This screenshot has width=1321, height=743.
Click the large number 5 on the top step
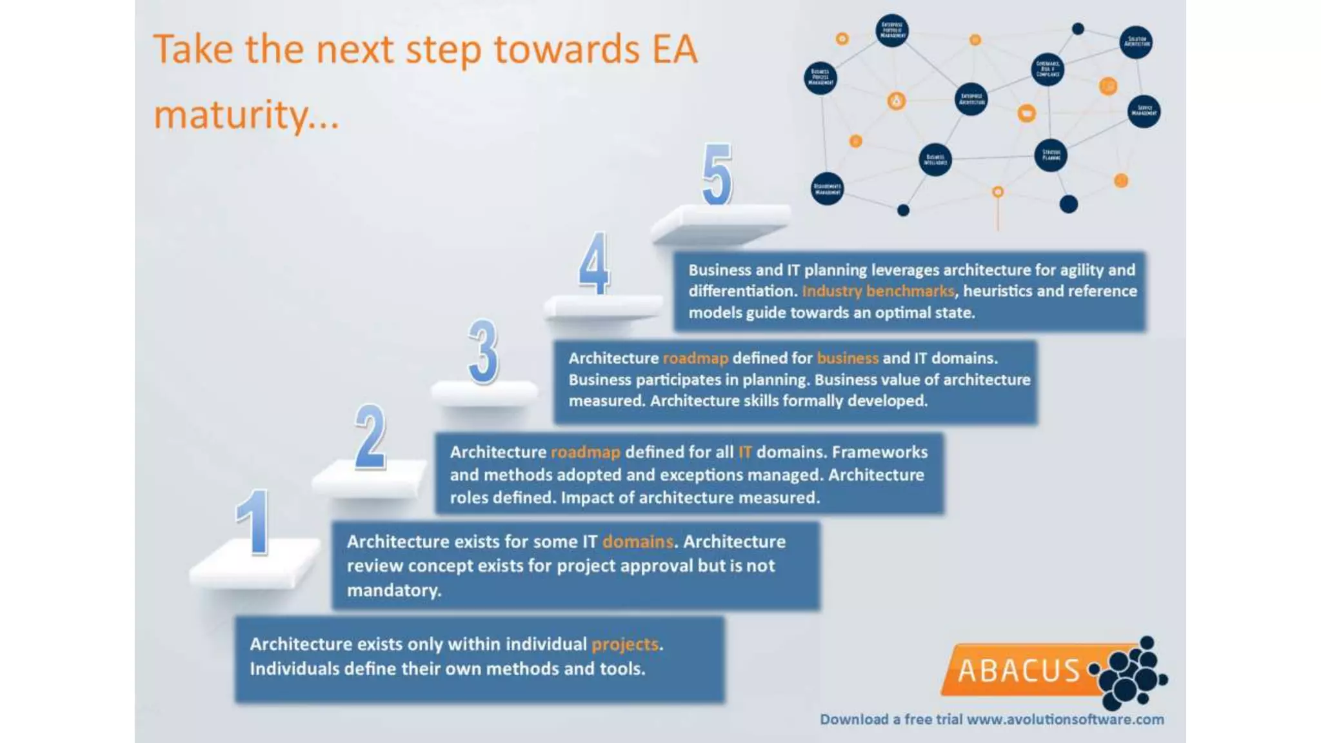(x=717, y=174)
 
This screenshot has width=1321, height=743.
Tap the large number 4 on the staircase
(x=594, y=263)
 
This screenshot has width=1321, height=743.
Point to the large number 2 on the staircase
(x=371, y=437)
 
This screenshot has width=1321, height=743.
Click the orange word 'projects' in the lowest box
(x=624, y=644)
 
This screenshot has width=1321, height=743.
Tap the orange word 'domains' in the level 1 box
(x=637, y=542)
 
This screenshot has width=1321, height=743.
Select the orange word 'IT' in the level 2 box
(x=744, y=452)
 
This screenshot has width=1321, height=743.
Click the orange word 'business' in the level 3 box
(x=847, y=358)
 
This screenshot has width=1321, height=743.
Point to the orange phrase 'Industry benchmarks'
(x=877, y=291)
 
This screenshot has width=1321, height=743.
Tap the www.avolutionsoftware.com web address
(x=1065, y=719)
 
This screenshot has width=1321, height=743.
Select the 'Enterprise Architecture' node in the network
(x=971, y=99)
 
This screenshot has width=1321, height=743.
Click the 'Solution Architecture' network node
(x=1136, y=43)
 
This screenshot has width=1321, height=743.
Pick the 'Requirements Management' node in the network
(x=827, y=189)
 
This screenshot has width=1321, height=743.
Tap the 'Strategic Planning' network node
(x=1051, y=155)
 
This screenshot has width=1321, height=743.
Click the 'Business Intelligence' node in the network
(x=935, y=159)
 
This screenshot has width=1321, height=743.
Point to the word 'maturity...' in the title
(x=246, y=115)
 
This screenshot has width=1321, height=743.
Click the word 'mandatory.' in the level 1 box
(x=393, y=590)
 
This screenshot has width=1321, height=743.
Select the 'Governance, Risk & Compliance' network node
(x=1048, y=70)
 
